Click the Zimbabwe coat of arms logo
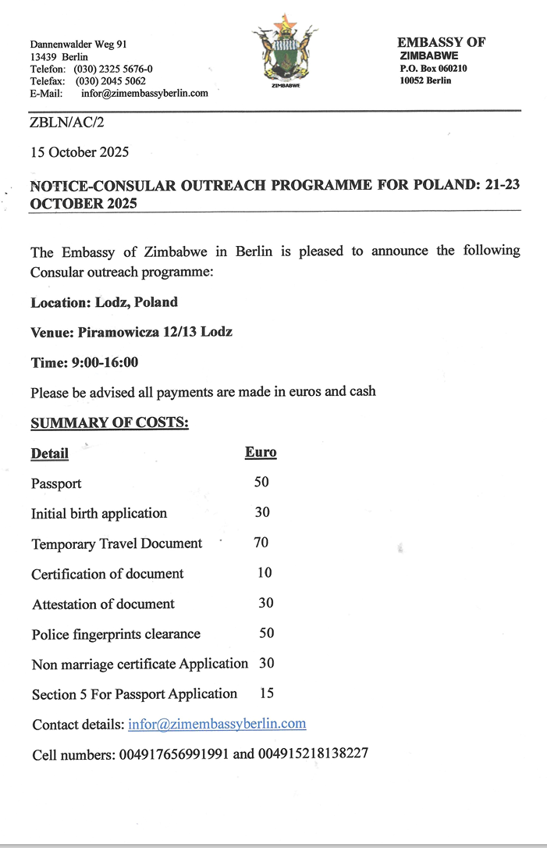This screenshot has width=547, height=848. [x=286, y=51]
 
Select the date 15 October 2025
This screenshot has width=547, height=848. [x=80, y=151]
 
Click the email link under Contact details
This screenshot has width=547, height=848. [x=217, y=724]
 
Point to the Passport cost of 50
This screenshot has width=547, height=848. [x=261, y=483]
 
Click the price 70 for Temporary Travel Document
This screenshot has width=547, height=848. [x=261, y=543]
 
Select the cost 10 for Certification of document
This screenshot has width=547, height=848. [x=265, y=572]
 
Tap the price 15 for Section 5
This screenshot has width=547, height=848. [x=267, y=693]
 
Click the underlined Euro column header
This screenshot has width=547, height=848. [x=261, y=452]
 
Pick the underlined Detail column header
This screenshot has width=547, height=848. [x=50, y=453]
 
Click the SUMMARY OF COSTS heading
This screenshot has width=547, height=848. [x=109, y=423]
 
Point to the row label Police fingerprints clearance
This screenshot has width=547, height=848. [x=116, y=634]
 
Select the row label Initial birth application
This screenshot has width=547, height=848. [x=99, y=513]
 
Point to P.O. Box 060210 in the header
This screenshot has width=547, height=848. [x=433, y=68]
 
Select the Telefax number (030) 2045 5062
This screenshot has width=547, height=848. [x=110, y=80]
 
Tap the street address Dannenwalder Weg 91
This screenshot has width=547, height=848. [x=79, y=45]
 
